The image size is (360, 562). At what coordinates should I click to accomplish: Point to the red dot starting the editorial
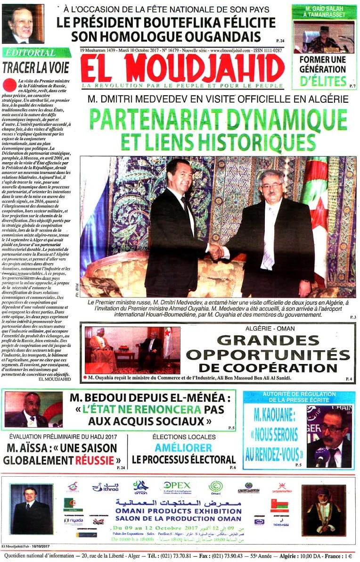9,85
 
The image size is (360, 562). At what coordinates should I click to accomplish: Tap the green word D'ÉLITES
323,81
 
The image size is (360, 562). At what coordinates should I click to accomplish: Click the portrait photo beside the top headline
22,24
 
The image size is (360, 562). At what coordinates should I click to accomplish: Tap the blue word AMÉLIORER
183,447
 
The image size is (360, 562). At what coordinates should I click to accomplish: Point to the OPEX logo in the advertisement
177,486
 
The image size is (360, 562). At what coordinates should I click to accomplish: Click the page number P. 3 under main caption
352,317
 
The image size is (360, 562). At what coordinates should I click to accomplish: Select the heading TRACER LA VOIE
36,67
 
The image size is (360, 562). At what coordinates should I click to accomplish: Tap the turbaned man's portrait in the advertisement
323,510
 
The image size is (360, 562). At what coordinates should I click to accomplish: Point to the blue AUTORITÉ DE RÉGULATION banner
299,397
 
